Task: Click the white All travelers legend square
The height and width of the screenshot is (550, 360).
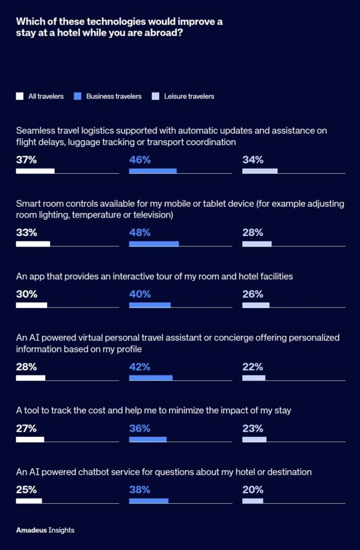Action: click(20, 96)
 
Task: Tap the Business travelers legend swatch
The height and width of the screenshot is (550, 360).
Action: click(78, 96)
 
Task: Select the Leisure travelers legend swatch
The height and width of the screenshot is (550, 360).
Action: click(155, 96)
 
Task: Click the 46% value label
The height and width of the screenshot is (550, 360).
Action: click(140, 160)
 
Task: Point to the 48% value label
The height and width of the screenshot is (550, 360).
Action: click(140, 233)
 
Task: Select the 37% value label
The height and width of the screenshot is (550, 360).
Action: click(26, 160)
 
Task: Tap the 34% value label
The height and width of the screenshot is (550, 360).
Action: click(253, 160)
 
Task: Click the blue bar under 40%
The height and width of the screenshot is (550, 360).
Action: click(150, 305)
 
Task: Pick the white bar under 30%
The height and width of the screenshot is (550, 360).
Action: click(31, 305)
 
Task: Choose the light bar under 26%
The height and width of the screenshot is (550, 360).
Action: click(256, 305)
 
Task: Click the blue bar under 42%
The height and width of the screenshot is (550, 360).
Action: click(151, 378)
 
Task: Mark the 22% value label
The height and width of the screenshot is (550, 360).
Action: click(252, 367)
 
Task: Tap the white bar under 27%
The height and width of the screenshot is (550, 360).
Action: click(30, 439)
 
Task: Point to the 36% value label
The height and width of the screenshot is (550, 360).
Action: click(140, 428)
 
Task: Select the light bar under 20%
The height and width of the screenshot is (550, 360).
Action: click(252, 501)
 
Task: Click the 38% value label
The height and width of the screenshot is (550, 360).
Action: click(140, 490)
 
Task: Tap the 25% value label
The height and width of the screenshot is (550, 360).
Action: click(26, 490)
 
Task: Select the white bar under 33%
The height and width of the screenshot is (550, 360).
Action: click(33, 244)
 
